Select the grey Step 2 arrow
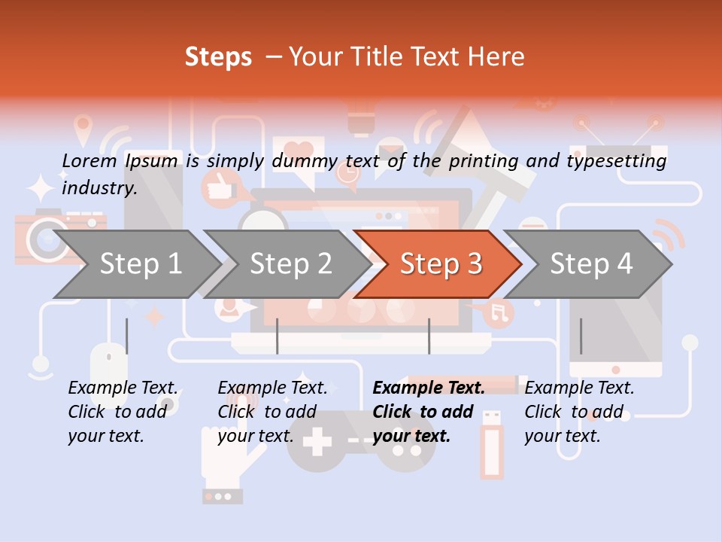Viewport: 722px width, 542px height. pyautogui.click(x=290, y=264)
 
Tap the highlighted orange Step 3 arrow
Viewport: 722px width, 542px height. pyautogui.click(x=440, y=264)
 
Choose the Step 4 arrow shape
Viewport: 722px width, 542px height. pyautogui.click(x=590, y=264)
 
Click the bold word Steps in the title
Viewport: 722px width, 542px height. pyautogui.click(x=218, y=56)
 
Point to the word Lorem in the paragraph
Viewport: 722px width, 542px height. pyautogui.click(x=89, y=160)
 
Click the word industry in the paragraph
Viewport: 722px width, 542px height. pyautogui.click(x=99, y=187)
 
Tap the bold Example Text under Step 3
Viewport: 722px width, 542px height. pyautogui.click(x=429, y=388)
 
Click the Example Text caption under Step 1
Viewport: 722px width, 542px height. pyautogui.click(x=123, y=388)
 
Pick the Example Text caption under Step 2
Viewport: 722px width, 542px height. pyautogui.click(x=272, y=388)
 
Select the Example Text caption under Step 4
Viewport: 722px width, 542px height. pyautogui.click(x=579, y=388)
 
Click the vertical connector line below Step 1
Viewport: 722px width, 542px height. pyautogui.click(x=126, y=336)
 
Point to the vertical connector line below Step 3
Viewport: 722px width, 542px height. pyautogui.click(x=429, y=336)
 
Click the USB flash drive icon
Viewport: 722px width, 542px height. pyautogui.click(x=492, y=444)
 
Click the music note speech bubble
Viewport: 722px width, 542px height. pyautogui.click(x=498, y=312)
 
